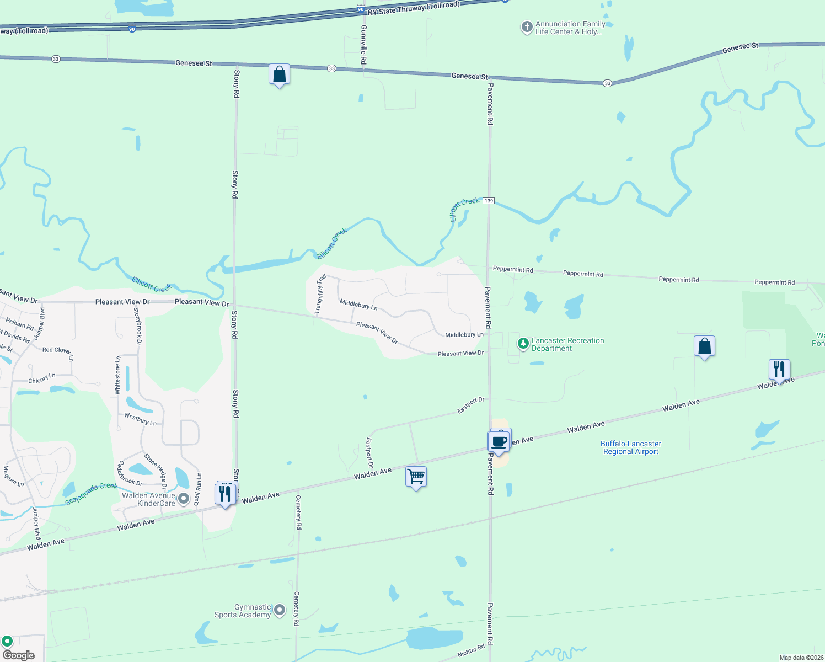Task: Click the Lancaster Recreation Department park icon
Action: click(x=523, y=344)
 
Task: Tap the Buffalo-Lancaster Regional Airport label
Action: click(x=631, y=447)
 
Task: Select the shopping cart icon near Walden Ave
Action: click(x=416, y=476)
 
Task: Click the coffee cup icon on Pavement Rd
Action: click(x=499, y=442)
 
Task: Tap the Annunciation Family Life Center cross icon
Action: click(x=527, y=26)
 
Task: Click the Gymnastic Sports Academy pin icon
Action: click(x=280, y=610)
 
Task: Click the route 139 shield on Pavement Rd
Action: click(x=489, y=201)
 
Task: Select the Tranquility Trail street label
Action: click(x=320, y=294)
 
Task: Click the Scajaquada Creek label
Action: click(x=91, y=494)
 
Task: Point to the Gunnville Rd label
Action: click(x=363, y=45)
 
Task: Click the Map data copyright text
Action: click(x=801, y=658)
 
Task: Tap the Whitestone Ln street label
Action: click(x=117, y=375)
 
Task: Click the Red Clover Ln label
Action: click(x=57, y=351)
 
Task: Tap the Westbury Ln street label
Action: click(x=140, y=419)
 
